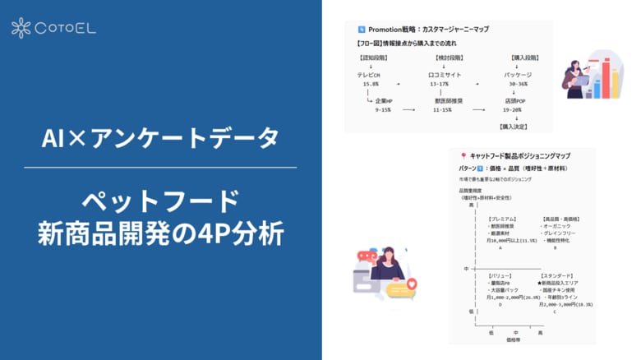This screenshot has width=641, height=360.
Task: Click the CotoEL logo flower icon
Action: pos(21,28)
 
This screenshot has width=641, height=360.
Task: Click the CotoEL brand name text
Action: pos(66,29)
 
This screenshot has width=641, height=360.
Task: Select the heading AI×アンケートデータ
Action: pos(160,139)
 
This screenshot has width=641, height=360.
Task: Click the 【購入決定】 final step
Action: pos(514,127)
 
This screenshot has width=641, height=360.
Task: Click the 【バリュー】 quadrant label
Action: pos(502,275)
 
